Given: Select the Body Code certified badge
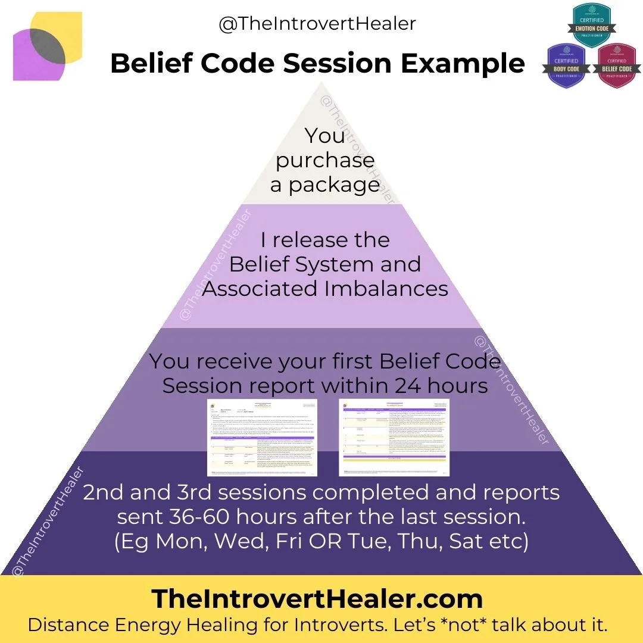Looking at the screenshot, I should point(567,65).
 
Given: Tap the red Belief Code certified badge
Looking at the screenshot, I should point(617,65).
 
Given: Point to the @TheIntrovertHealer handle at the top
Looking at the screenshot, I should point(317,24).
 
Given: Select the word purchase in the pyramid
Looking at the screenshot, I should point(325,160).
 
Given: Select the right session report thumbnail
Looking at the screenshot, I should point(394,437).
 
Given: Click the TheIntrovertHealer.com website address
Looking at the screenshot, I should point(317,598).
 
